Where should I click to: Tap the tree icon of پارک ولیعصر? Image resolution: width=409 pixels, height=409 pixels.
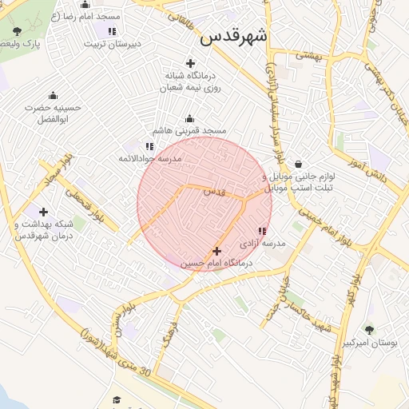[18, 31]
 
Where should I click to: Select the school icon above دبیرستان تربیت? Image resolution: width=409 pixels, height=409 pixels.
[112, 31]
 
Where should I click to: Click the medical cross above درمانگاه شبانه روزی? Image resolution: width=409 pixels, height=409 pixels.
[190, 63]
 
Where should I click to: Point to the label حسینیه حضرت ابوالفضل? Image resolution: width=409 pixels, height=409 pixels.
[53, 113]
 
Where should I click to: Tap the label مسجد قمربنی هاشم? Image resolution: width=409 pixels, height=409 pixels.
[190, 129]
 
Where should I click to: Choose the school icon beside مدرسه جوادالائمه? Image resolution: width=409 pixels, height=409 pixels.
[149, 146]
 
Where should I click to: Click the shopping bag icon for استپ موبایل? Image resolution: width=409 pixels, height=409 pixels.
[298, 164]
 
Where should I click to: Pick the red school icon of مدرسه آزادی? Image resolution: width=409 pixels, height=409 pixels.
[262, 232]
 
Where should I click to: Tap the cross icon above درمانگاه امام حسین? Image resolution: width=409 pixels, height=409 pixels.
[216, 251]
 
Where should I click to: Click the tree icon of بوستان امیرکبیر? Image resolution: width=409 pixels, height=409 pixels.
[369, 329]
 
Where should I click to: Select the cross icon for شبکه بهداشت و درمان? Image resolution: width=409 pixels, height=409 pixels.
[43, 212]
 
